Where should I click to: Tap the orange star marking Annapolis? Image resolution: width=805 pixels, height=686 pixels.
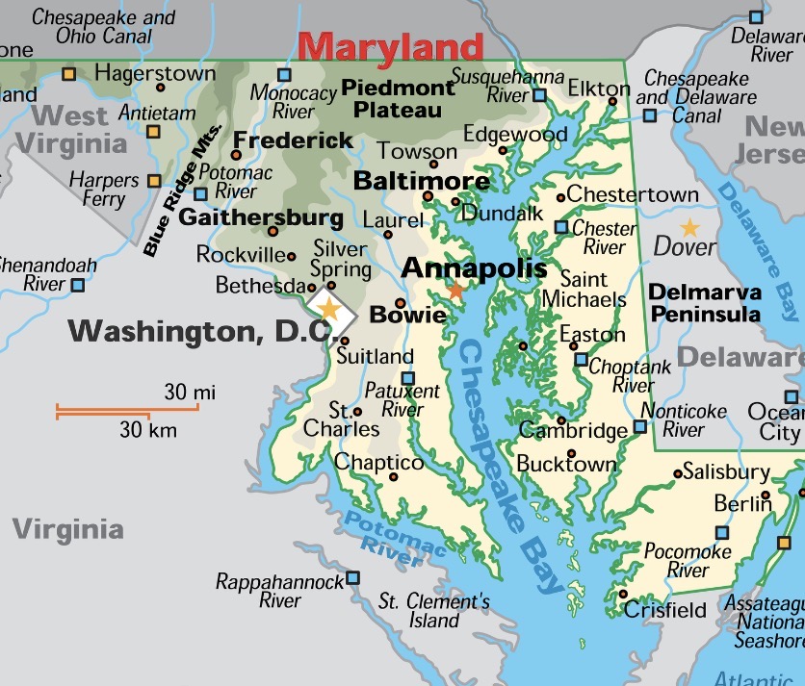455,289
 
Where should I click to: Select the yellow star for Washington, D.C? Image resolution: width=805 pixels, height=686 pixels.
329,309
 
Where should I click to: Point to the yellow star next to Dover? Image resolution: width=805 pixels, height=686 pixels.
690,228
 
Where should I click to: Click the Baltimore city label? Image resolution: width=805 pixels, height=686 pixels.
422,181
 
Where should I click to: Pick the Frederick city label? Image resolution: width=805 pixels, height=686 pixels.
294,140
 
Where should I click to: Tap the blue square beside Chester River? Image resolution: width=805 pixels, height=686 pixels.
561,227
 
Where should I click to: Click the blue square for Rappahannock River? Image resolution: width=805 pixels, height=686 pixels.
352,577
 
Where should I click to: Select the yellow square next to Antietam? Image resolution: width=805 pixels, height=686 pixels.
153,131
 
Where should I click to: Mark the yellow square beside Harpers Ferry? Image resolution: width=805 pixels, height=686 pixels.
154,180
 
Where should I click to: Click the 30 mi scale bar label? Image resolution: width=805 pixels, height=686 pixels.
190,392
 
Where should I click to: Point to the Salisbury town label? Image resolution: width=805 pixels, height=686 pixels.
727,471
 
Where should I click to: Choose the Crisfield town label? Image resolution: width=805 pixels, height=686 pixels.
665,610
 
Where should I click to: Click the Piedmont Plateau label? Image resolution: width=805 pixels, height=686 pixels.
397,99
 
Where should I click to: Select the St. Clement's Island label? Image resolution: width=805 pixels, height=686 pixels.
433,611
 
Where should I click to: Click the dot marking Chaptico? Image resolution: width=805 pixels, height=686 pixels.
393,476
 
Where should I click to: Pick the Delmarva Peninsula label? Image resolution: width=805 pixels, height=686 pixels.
704,302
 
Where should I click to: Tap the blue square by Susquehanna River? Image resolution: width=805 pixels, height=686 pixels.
539,95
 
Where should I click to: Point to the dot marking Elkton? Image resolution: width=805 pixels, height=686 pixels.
612,100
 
